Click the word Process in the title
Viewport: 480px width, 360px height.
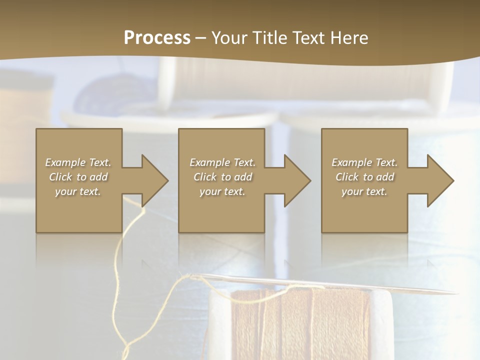(x=157, y=38)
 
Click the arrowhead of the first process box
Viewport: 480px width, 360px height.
(x=152, y=180)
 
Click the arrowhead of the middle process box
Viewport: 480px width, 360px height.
(x=295, y=180)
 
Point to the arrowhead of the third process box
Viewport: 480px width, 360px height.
(x=438, y=180)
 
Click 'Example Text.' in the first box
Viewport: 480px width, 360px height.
(x=78, y=162)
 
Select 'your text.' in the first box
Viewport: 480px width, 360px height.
(x=78, y=191)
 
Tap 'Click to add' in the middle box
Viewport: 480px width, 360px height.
(x=222, y=177)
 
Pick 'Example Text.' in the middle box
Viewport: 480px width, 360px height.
(x=222, y=162)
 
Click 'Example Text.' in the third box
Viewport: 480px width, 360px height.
(x=364, y=162)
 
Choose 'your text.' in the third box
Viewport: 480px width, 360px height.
(x=364, y=191)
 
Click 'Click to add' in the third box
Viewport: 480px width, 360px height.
(x=364, y=177)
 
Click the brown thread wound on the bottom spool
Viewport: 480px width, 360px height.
(x=300, y=325)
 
